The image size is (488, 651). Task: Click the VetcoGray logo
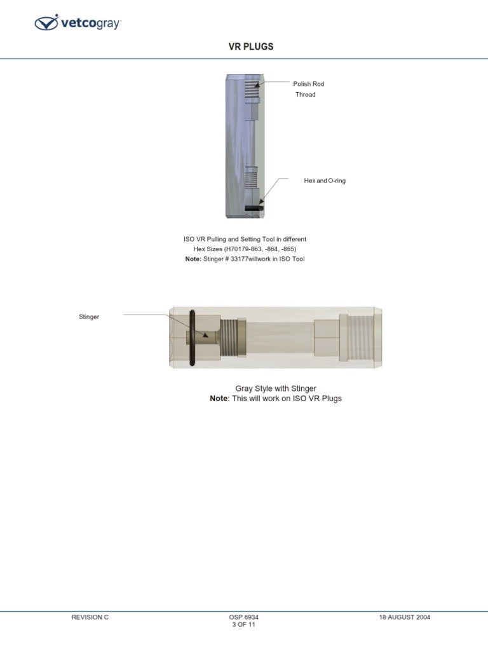[x=78, y=24]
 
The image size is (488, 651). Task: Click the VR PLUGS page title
[x=251, y=47]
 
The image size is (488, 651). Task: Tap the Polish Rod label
[x=308, y=84]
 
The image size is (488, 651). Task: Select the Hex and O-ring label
[x=325, y=181]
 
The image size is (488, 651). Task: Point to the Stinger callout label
[x=89, y=317]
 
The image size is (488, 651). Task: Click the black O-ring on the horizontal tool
[x=191, y=338]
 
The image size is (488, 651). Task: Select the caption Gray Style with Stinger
[x=276, y=388]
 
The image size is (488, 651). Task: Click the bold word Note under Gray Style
[x=219, y=399]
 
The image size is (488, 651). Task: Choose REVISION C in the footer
[x=90, y=617]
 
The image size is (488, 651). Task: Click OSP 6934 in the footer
[x=243, y=617]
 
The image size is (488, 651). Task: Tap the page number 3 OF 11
[x=243, y=625]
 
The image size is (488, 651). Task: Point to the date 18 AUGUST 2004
[x=405, y=617]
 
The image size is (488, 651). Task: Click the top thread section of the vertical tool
[x=253, y=92]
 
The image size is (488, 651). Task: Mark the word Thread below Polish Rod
[x=305, y=95]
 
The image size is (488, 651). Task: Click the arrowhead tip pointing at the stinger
[x=206, y=335]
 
